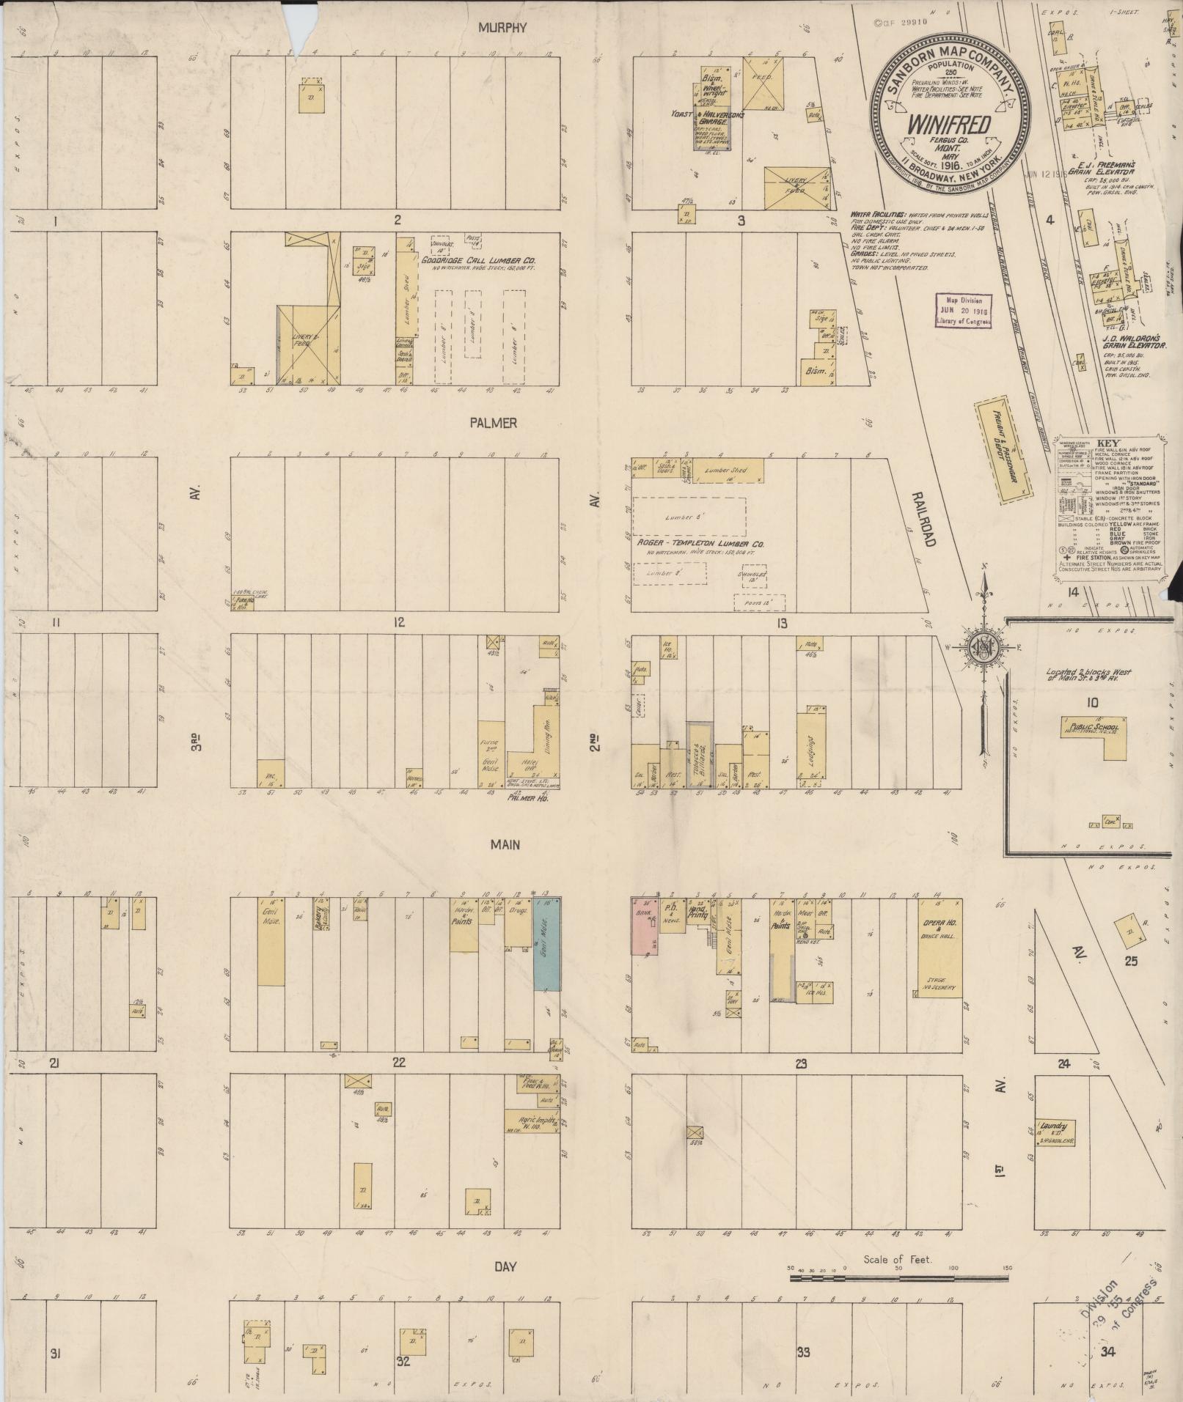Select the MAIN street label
(x=505, y=845)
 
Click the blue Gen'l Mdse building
(x=546, y=944)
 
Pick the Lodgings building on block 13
(x=816, y=745)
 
